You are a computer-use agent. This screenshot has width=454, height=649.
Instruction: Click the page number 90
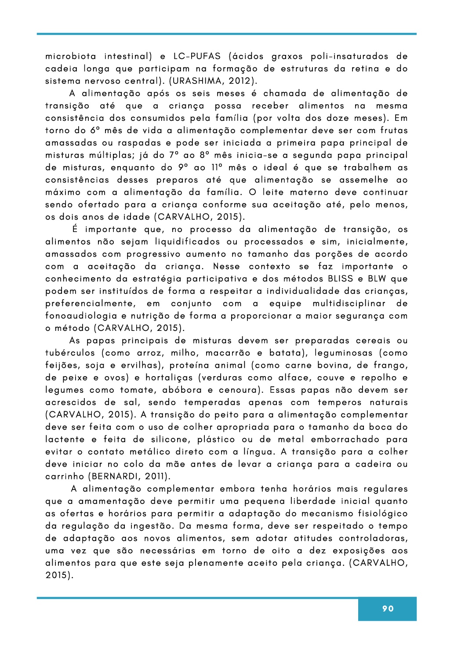(x=388, y=609)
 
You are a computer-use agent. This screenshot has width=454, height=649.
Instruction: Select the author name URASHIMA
(x=198, y=81)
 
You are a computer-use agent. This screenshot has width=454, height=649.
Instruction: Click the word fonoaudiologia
(x=81, y=315)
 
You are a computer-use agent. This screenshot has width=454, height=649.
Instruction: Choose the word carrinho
(x=65, y=476)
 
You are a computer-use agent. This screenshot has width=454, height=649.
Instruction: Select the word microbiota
(x=71, y=56)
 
